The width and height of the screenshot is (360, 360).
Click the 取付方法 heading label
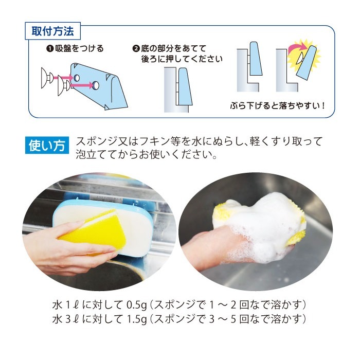[x=53, y=31]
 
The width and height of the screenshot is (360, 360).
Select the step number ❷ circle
[x=136, y=49]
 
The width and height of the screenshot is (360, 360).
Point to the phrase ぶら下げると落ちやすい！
[x=277, y=106]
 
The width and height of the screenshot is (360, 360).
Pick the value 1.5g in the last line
[x=137, y=319]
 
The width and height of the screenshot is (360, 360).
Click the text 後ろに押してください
[x=182, y=59]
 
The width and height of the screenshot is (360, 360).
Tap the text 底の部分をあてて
[x=177, y=49]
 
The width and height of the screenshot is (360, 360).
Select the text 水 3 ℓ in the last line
[x=66, y=319]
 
